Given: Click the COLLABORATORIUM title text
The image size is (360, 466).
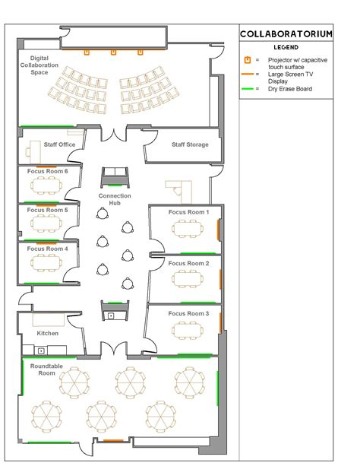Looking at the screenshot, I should click(x=297, y=34).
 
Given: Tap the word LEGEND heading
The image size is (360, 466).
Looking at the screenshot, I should click(x=296, y=47).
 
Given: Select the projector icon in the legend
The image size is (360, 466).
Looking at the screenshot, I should click(x=247, y=59).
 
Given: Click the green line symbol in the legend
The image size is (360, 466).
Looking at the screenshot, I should click(x=247, y=89).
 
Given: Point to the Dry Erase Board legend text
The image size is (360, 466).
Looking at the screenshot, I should click(x=289, y=89).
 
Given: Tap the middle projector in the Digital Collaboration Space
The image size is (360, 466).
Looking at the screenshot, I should click(x=113, y=52).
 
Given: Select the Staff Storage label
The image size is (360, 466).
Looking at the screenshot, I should click(x=189, y=144).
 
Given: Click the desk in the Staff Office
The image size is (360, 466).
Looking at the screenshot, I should click(x=33, y=149).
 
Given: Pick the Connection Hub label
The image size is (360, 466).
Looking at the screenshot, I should click(x=115, y=199).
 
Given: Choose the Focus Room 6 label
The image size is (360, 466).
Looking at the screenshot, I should click(x=48, y=172).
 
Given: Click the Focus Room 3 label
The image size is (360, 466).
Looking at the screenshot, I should click(x=188, y=313).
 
